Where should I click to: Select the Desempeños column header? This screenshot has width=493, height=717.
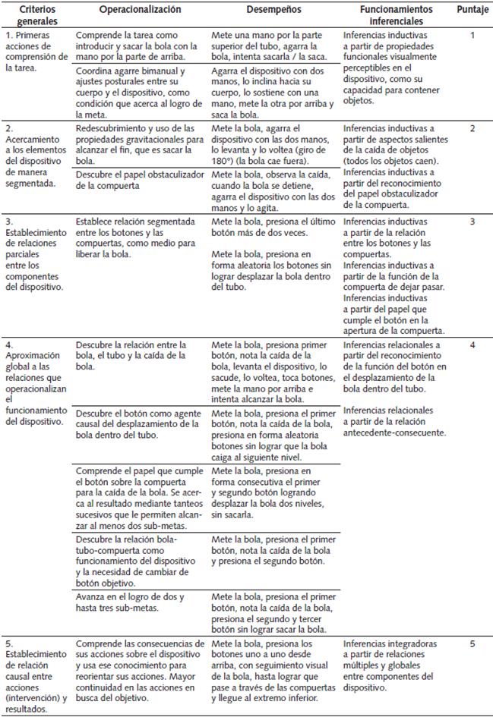click(x=274, y=10)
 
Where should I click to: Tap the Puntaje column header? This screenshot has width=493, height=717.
click(x=472, y=10)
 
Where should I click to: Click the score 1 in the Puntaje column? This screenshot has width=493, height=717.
click(x=472, y=36)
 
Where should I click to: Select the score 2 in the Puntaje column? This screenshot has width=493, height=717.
click(x=472, y=128)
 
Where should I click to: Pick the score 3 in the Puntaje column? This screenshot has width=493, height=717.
click(x=472, y=222)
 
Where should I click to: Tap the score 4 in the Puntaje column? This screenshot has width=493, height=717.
click(x=472, y=345)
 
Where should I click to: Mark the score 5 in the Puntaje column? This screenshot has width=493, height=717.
click(x=472, y=643)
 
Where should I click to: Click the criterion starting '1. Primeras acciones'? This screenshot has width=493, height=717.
click(x=36, y=51)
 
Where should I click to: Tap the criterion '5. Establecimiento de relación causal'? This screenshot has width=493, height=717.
click(x=36, y=680)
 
